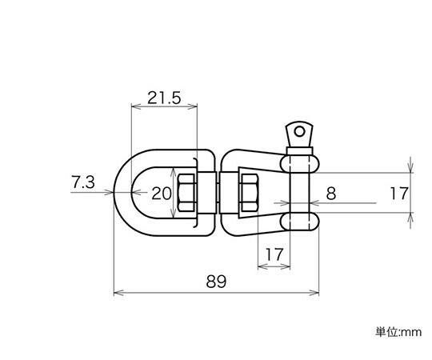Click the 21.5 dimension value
164,98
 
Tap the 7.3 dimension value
83,182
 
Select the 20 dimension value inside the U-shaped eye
162,194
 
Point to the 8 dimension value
331,194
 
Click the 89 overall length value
216,282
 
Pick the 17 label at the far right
399,194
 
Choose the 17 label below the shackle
274,254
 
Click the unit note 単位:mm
398,332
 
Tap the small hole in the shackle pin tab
299,132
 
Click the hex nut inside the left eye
187,193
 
